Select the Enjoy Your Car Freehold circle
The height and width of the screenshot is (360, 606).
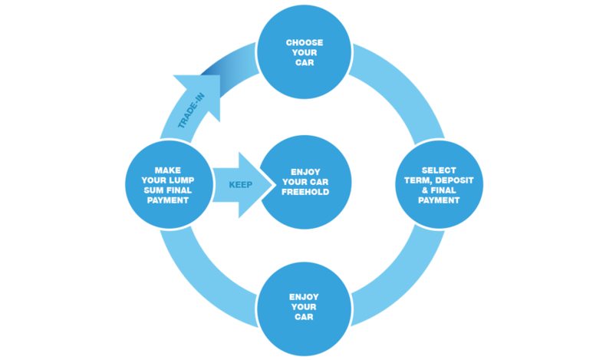click(x=305, y=183)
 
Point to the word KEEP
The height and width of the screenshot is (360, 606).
click(x=241, y=185)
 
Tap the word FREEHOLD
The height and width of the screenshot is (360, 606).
click(x=305, y=192)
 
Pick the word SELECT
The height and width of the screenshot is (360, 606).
click(x=440, y=170)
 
